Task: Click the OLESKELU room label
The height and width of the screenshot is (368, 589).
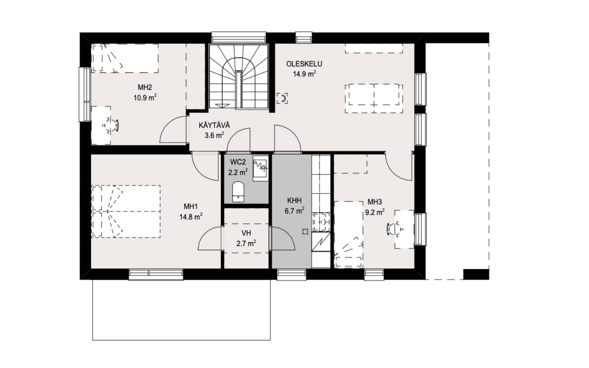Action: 304,64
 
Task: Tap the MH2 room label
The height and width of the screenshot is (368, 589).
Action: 145,87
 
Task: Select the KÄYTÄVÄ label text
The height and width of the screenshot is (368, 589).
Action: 214,125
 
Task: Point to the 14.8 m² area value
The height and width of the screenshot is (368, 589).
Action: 191,217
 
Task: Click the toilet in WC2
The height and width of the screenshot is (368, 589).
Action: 238,192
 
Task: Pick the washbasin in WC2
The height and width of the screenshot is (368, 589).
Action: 260,168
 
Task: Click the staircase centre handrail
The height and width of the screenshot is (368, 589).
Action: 239,89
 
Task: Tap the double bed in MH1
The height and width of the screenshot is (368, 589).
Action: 126,212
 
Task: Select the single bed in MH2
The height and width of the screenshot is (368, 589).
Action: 125,59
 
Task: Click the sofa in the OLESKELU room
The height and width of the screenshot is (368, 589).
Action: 374,99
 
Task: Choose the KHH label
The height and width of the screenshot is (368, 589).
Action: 294,201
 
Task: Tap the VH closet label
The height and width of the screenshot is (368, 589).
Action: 246,233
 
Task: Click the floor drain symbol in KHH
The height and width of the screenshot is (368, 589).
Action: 305,232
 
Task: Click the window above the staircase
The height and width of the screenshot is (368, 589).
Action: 239,37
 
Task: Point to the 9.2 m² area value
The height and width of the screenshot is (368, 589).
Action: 375,212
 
